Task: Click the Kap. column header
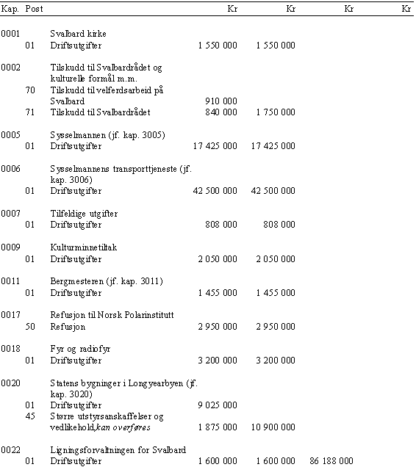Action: pyautogui.click(x=10, y=9)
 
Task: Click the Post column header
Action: pyautogui.click(x=34, y=9)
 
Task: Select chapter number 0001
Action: pyautogui.click(x=10, y=34)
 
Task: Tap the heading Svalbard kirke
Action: pyautogui.click(x=78, y=34)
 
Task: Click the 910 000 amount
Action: pyautogui.click(x=221, y=101)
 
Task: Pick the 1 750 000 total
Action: pyautogui.click(x=276, y=112)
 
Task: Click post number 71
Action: pyautogui.click(x=30, y=112)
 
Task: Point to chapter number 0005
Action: pyautogui.click(x=10, y=135)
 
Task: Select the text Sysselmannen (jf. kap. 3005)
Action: pyautogui.click(x=107, y=135)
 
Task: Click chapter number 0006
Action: pyautogui.click(x=10, y=169)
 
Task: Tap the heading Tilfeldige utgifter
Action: pyautogui.click(x=84, y=214)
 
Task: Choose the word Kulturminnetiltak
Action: pyautogui.click(x=84, y=247)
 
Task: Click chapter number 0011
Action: pyautogui.click(x=10, y=281)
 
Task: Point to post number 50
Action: pyautogui.click(x=30, y=327)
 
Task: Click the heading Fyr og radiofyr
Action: pyautogui.click(x=80, y=349)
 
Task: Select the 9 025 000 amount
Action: pyautogui.click(x=218, y=405)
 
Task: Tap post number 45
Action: pyautogui.click(x=30, y=416)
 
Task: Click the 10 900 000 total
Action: pyautogui.click(x=273, y=427)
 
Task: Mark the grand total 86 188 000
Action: pyautogui.click(x=331, y=461)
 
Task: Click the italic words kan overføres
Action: pyautogui.click(x=123, y=427)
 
